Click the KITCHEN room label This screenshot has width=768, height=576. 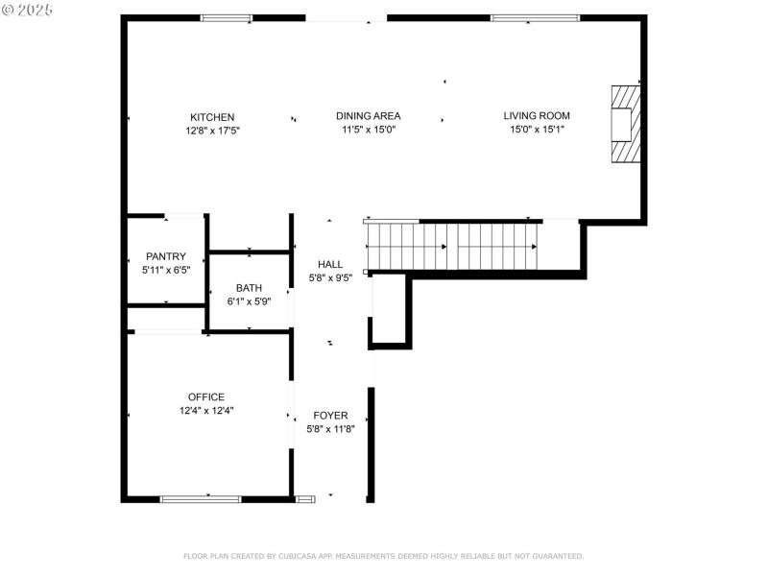click(212, 117)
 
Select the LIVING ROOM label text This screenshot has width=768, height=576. click(537, 116)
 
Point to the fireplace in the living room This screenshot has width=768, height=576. click(626, 125)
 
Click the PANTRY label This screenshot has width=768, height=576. click(165, 256)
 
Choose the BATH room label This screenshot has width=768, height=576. click(249, 287)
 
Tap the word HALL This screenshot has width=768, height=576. click(330, 264)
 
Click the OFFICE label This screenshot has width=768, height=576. click(206, 396)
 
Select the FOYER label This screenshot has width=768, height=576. click(330, 416)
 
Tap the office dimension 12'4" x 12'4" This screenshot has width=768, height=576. click(206, 410)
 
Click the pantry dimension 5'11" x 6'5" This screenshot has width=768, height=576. click(165, 270)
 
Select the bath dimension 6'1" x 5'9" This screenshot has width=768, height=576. click(249, 300)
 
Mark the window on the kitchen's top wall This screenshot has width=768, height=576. click(227, 17)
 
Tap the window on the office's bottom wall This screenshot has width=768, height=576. click(201, 498)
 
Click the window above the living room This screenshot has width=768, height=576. click(535, 17)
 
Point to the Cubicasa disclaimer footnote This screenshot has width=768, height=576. click(383, 556)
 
